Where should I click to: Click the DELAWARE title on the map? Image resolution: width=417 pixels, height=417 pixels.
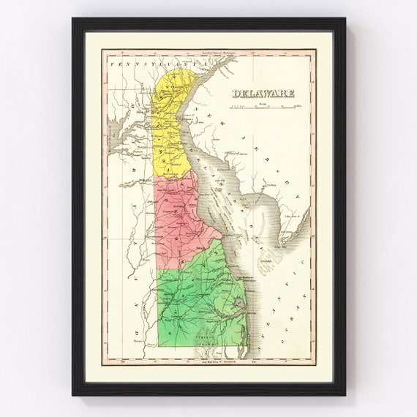[263, 93]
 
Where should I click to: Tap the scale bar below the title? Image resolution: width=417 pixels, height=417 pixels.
[263, 107]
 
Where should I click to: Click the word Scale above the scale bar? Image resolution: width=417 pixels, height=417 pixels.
[263, 103]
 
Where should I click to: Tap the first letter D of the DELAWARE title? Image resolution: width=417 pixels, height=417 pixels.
[236, 93]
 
